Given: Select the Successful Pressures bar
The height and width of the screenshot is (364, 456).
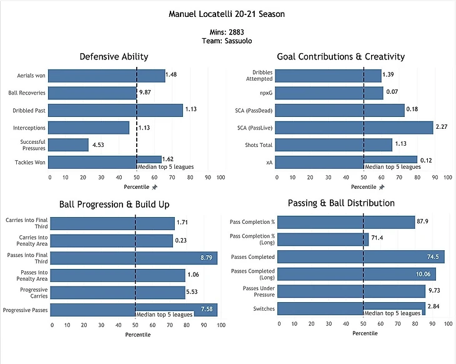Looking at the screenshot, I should tap(68, 145).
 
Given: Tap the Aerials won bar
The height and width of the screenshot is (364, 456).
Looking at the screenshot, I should tap(106, 76).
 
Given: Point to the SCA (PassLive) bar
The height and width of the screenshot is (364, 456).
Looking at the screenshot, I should tap(354, 128).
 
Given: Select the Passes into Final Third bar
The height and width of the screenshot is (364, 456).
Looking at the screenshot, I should tap(134, 258).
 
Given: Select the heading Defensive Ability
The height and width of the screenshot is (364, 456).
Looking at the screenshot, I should tap(114, 57).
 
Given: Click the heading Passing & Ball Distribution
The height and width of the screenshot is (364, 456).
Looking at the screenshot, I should tap(341, 203).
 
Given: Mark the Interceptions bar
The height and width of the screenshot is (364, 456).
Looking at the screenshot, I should tap(89, 128).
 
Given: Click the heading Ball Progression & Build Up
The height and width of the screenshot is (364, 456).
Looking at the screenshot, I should tap(114, 204).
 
